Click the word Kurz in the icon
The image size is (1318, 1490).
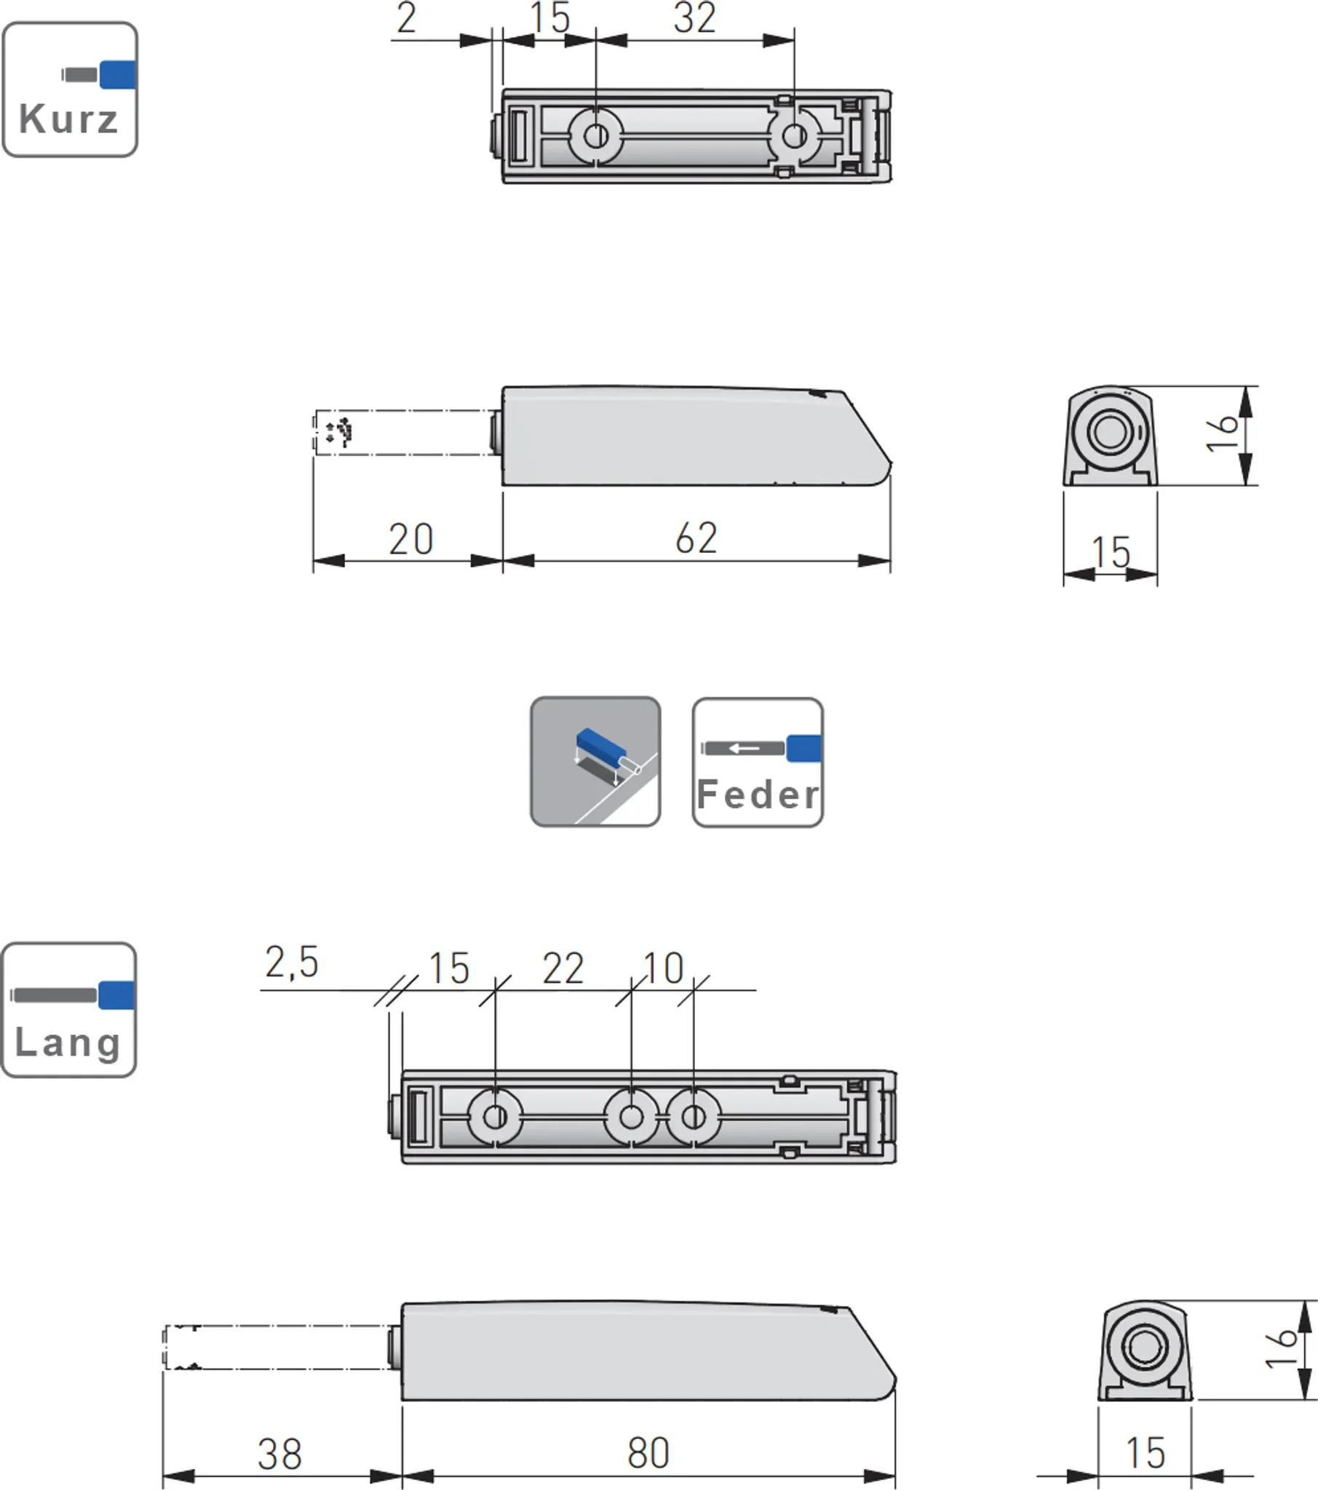pyautogui.click(x=68, y=119)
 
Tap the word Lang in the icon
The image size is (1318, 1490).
pyautogui.click(x=67, y=1043)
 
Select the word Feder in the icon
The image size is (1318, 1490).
pyautogui.click(x=758, y=794)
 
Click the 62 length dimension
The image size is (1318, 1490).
pyautogui.click(x=696, y=538)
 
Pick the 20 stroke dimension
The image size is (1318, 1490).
pyautogui.click(x=410, y=539)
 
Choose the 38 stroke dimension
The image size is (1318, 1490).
pyautogui.click(x=279, y=1454)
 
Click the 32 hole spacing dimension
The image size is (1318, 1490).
pyautogui.click(x=695, y=17)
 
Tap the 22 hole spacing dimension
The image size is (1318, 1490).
pyautogui.click(x=563, y=968)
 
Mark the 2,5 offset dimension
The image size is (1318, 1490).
pyautogui.click(x=292, y=963)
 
